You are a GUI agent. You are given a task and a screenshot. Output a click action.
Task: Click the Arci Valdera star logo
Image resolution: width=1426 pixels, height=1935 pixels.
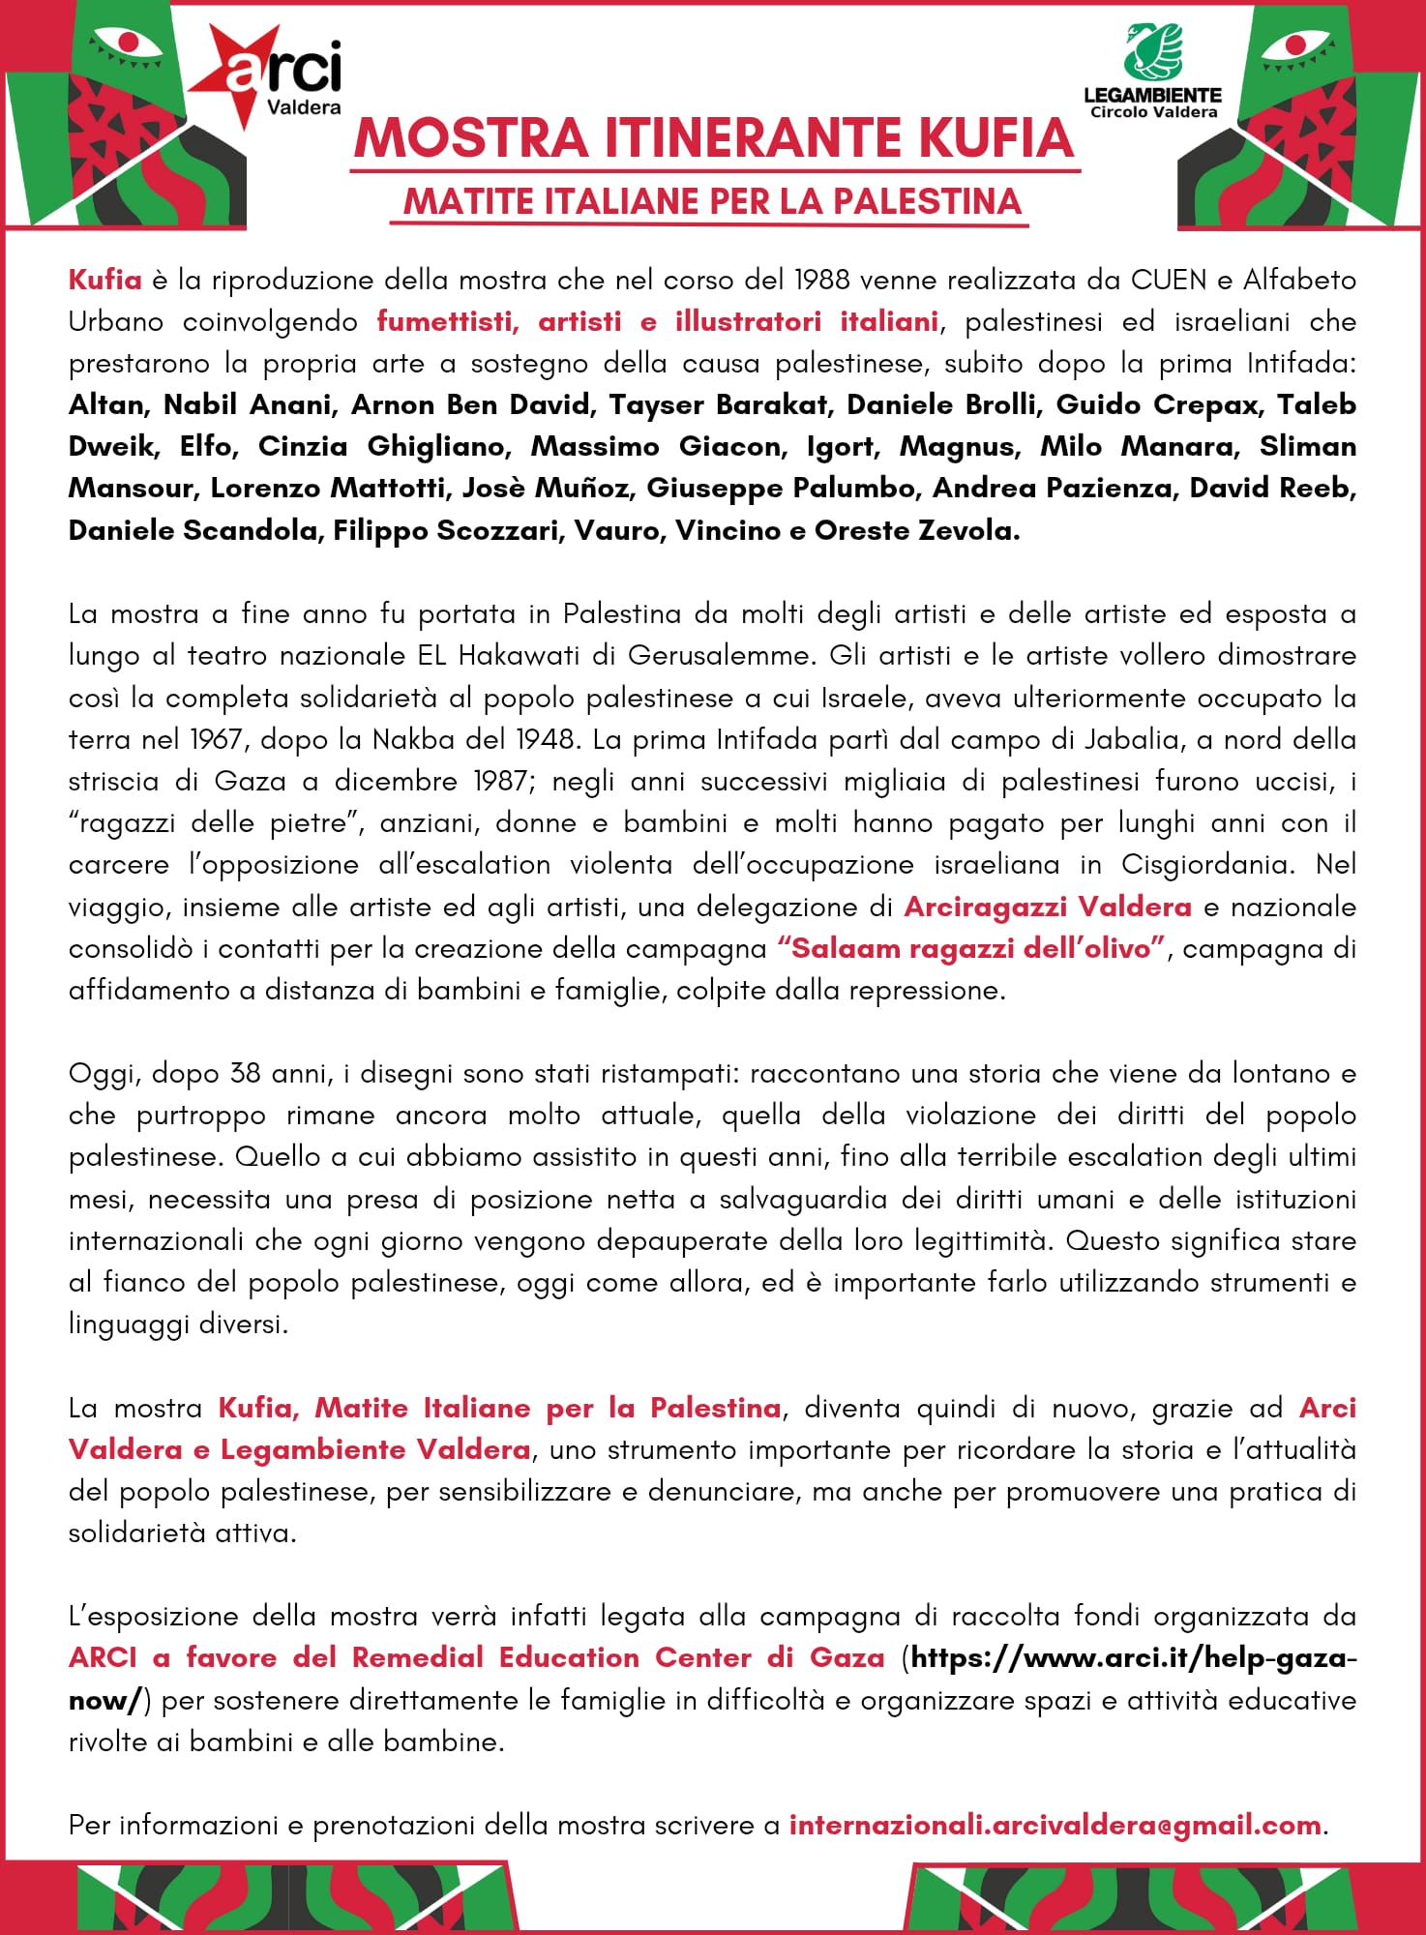[x=266, y=75]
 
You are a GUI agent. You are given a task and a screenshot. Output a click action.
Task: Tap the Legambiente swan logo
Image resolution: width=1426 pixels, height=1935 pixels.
[x=1152, y=52]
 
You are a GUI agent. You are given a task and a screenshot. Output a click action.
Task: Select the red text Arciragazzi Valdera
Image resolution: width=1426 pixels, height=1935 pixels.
[x=1047, y=907]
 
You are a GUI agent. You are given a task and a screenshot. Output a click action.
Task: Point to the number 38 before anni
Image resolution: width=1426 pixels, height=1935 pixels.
[x=245, y=1074]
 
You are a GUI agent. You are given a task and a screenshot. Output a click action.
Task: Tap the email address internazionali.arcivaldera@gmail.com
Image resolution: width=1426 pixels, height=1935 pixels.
[x=1055, y=1826]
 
